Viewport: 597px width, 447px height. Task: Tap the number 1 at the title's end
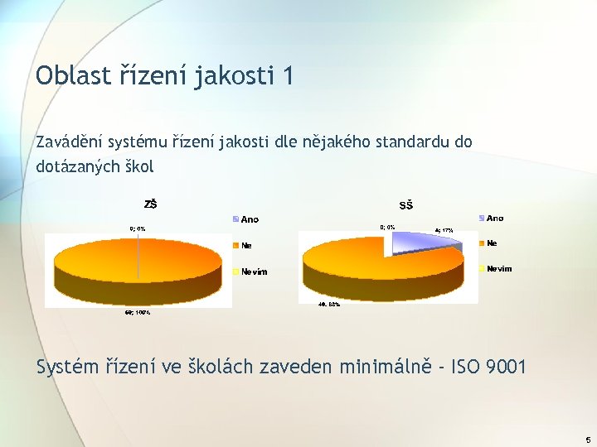click(287, 75)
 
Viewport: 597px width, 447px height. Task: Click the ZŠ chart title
click(151, 204)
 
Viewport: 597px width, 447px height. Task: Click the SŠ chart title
click(406, 205)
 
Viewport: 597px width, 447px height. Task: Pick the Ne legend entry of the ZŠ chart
click(246, 245)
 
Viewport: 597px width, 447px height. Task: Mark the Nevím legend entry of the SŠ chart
click(499, 269)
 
